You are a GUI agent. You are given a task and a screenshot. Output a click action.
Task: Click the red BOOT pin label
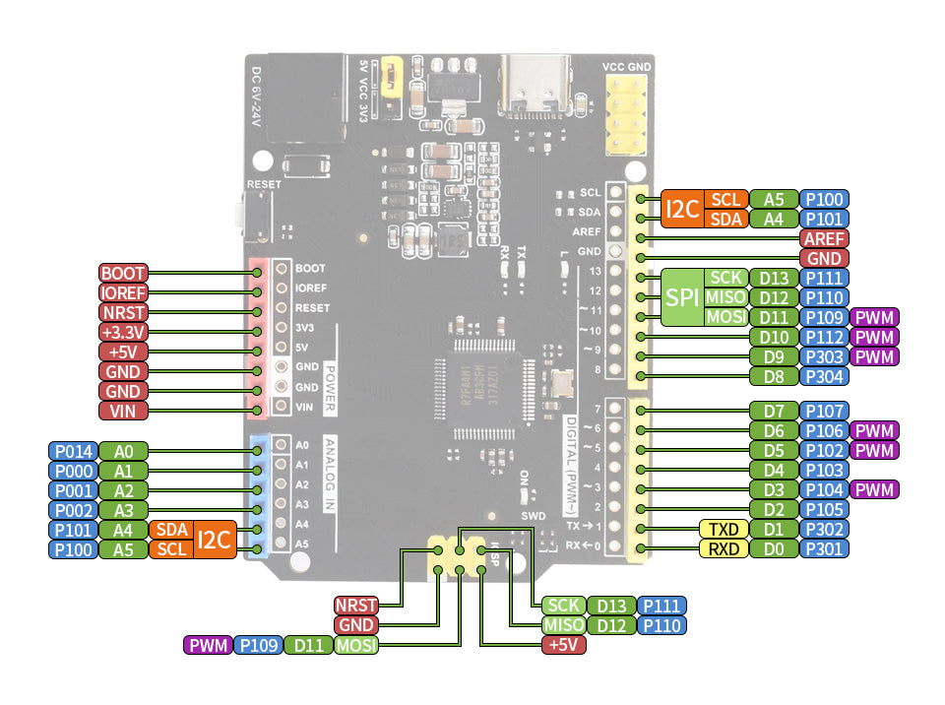(x=123, y=273)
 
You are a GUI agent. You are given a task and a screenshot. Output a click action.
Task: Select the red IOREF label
(x=123, y=292)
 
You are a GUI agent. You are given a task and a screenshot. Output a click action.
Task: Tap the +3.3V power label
(x=123, y=332)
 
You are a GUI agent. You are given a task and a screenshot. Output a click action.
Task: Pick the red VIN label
(x=123, y=411)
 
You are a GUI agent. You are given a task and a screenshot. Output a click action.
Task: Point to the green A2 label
(x=123, y=490)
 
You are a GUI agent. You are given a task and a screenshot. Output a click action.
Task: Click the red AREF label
(x=824, y=238)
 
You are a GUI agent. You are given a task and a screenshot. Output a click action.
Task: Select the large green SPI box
(x=681, y=297)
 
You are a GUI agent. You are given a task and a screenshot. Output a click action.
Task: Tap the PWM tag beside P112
(x=875, y=337)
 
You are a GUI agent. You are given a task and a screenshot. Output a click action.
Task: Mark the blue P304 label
(x=824, y=376)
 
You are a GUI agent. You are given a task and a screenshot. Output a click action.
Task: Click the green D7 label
(x=773, y=411)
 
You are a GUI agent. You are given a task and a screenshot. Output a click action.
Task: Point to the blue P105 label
(x=824, y=509)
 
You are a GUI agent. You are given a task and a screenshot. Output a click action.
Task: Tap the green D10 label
(x=773, y=337)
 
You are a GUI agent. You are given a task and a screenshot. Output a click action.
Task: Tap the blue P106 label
(x=824, y=430)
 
